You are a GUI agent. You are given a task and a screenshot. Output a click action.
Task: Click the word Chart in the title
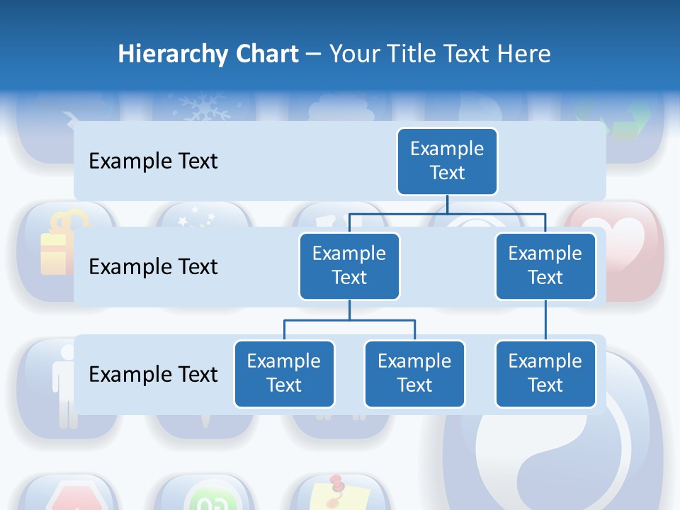click(x=266, y=54)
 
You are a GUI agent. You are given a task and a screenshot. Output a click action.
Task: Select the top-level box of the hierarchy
click(x=447, y=161)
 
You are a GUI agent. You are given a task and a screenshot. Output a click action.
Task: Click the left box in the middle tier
click(x=349, y=266)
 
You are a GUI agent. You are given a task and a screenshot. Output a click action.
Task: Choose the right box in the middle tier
click(x=545, y=266)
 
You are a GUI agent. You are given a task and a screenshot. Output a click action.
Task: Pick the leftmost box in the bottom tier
click(x=284, y=373)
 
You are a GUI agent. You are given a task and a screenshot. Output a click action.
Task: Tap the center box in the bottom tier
click(x=414, y=373)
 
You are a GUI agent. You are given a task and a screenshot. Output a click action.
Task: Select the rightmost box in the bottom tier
click(x=545, y=373)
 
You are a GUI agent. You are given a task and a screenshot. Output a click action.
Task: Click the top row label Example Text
click(x=153, y=161)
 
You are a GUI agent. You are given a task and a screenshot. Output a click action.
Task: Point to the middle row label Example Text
click(x=153, y=267)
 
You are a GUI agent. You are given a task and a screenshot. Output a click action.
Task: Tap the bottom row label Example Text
click(x=153, y=374)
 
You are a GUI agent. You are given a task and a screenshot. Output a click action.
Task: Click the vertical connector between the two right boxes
click(x=545, y=319)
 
